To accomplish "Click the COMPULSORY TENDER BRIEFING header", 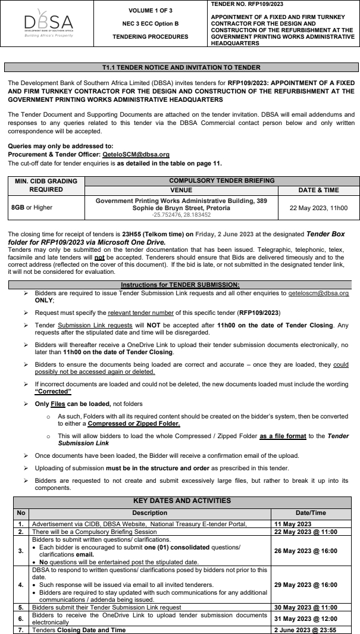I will pyautogui.click(x=223, y=180).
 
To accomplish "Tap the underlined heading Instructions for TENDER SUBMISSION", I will pyautogui.click(x=180, y=285).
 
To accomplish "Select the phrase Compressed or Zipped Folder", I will pyautogui.click(x=126, y=423).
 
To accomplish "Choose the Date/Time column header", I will pyautogui.click(x=314, y=512).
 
